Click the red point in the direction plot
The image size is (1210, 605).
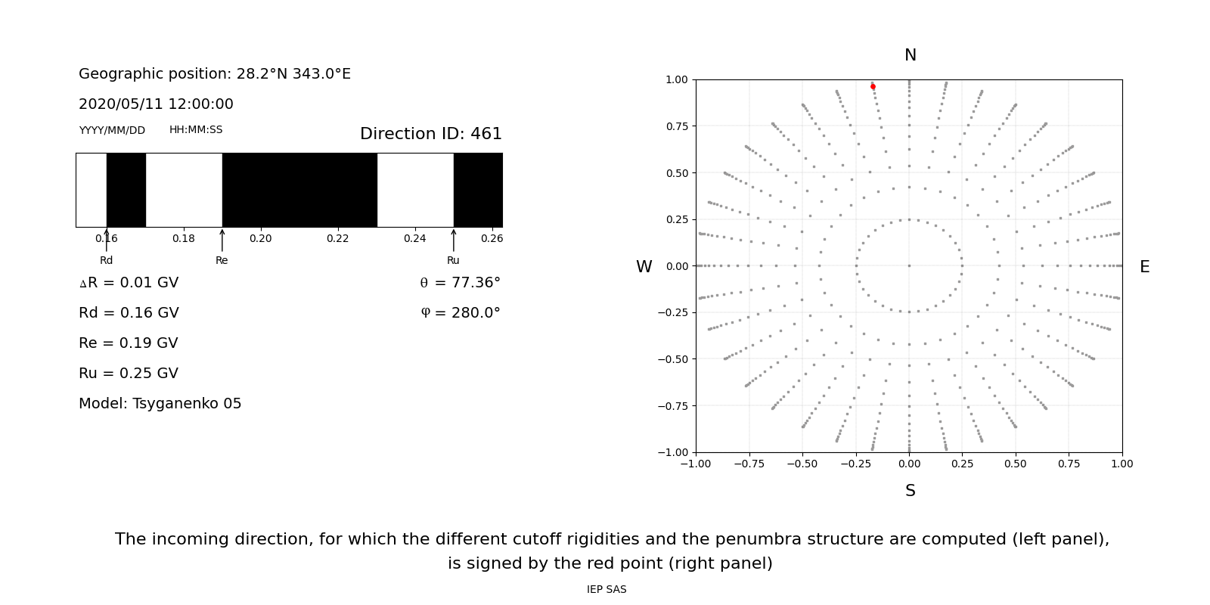tap(873, 87)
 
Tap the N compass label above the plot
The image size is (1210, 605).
tap(910, 55)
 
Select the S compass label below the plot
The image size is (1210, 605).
tap(910, 491)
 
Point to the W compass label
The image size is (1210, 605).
tap(644, 267)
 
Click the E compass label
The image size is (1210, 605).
tap(1144, 267)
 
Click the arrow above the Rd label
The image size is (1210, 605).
tap(107, 240)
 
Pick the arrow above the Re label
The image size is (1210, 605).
tap(222, 240)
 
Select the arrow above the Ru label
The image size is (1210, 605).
tap(454, 240)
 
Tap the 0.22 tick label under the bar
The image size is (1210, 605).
tap(337, 238)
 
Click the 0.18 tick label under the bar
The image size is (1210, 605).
tap(183, 238)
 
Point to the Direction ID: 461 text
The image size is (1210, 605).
tap(430, 134)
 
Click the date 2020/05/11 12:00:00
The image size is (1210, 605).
tap(156, 104)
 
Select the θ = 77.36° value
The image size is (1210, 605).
tap(460, 283)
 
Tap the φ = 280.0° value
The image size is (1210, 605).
tap(460, 313)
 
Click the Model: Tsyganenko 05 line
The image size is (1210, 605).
tap(160, 404)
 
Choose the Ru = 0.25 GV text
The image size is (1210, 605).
tap(129, 374)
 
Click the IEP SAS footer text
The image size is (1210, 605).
tap(606, 589)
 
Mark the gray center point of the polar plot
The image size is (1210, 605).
tap(909, 265)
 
